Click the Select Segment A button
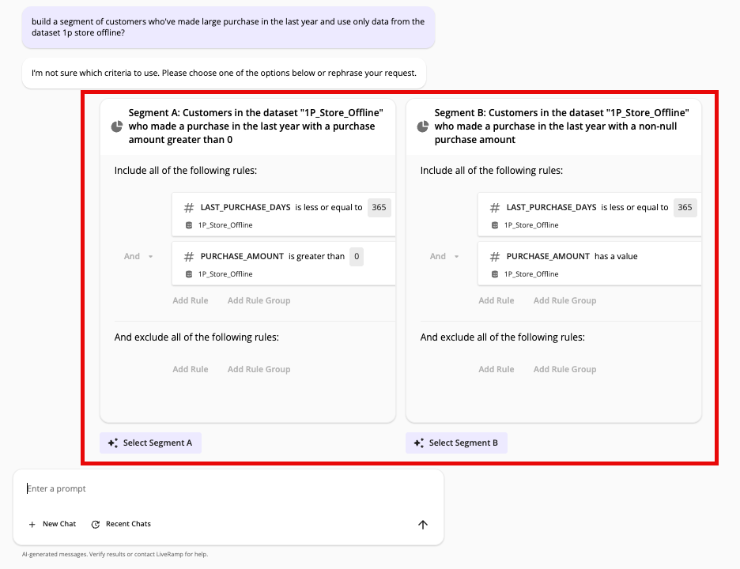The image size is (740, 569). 151,443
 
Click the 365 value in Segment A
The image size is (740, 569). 379,207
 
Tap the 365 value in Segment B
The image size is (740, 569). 685,207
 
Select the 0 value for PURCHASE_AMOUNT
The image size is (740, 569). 357,256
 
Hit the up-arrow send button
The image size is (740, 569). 423,525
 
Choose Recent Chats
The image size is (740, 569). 121,524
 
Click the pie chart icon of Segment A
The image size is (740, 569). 116,126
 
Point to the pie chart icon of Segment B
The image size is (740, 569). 422,126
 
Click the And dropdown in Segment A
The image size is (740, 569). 138,256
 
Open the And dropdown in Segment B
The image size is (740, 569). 444,256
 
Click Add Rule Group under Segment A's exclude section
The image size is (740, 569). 259,369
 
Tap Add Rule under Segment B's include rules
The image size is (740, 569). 496,300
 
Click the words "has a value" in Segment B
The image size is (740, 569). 616,256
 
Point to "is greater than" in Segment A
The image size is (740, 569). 316,256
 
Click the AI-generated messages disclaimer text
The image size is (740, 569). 115,554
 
